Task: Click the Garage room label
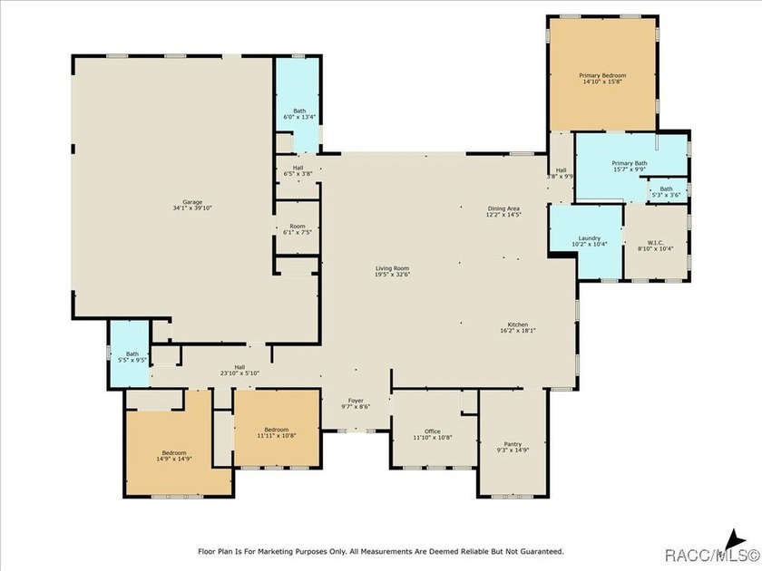tap(192, 202)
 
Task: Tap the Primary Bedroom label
tap(602, 76)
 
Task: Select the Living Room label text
tap(392, 268)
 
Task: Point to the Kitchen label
tap(518, 324)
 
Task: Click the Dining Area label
tap(504, 208)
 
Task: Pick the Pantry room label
tap(513, 444)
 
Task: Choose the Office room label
tap(433, 431)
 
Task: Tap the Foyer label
tap(356, 401)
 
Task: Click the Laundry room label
tap(590, 237)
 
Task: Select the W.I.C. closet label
tap(656, 242)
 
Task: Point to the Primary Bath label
tap(630, 163)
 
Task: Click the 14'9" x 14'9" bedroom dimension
tap(174, 459)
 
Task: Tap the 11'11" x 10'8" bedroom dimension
tap(277, 436)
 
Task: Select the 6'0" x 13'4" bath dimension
tap(299, 117)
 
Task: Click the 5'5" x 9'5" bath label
tap(132, 357)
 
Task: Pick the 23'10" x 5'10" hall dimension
tap(239, 373)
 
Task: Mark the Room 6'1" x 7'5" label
tap(298, 229)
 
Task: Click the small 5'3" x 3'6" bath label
tap(666, 192)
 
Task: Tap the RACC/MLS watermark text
tap(712, 555)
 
